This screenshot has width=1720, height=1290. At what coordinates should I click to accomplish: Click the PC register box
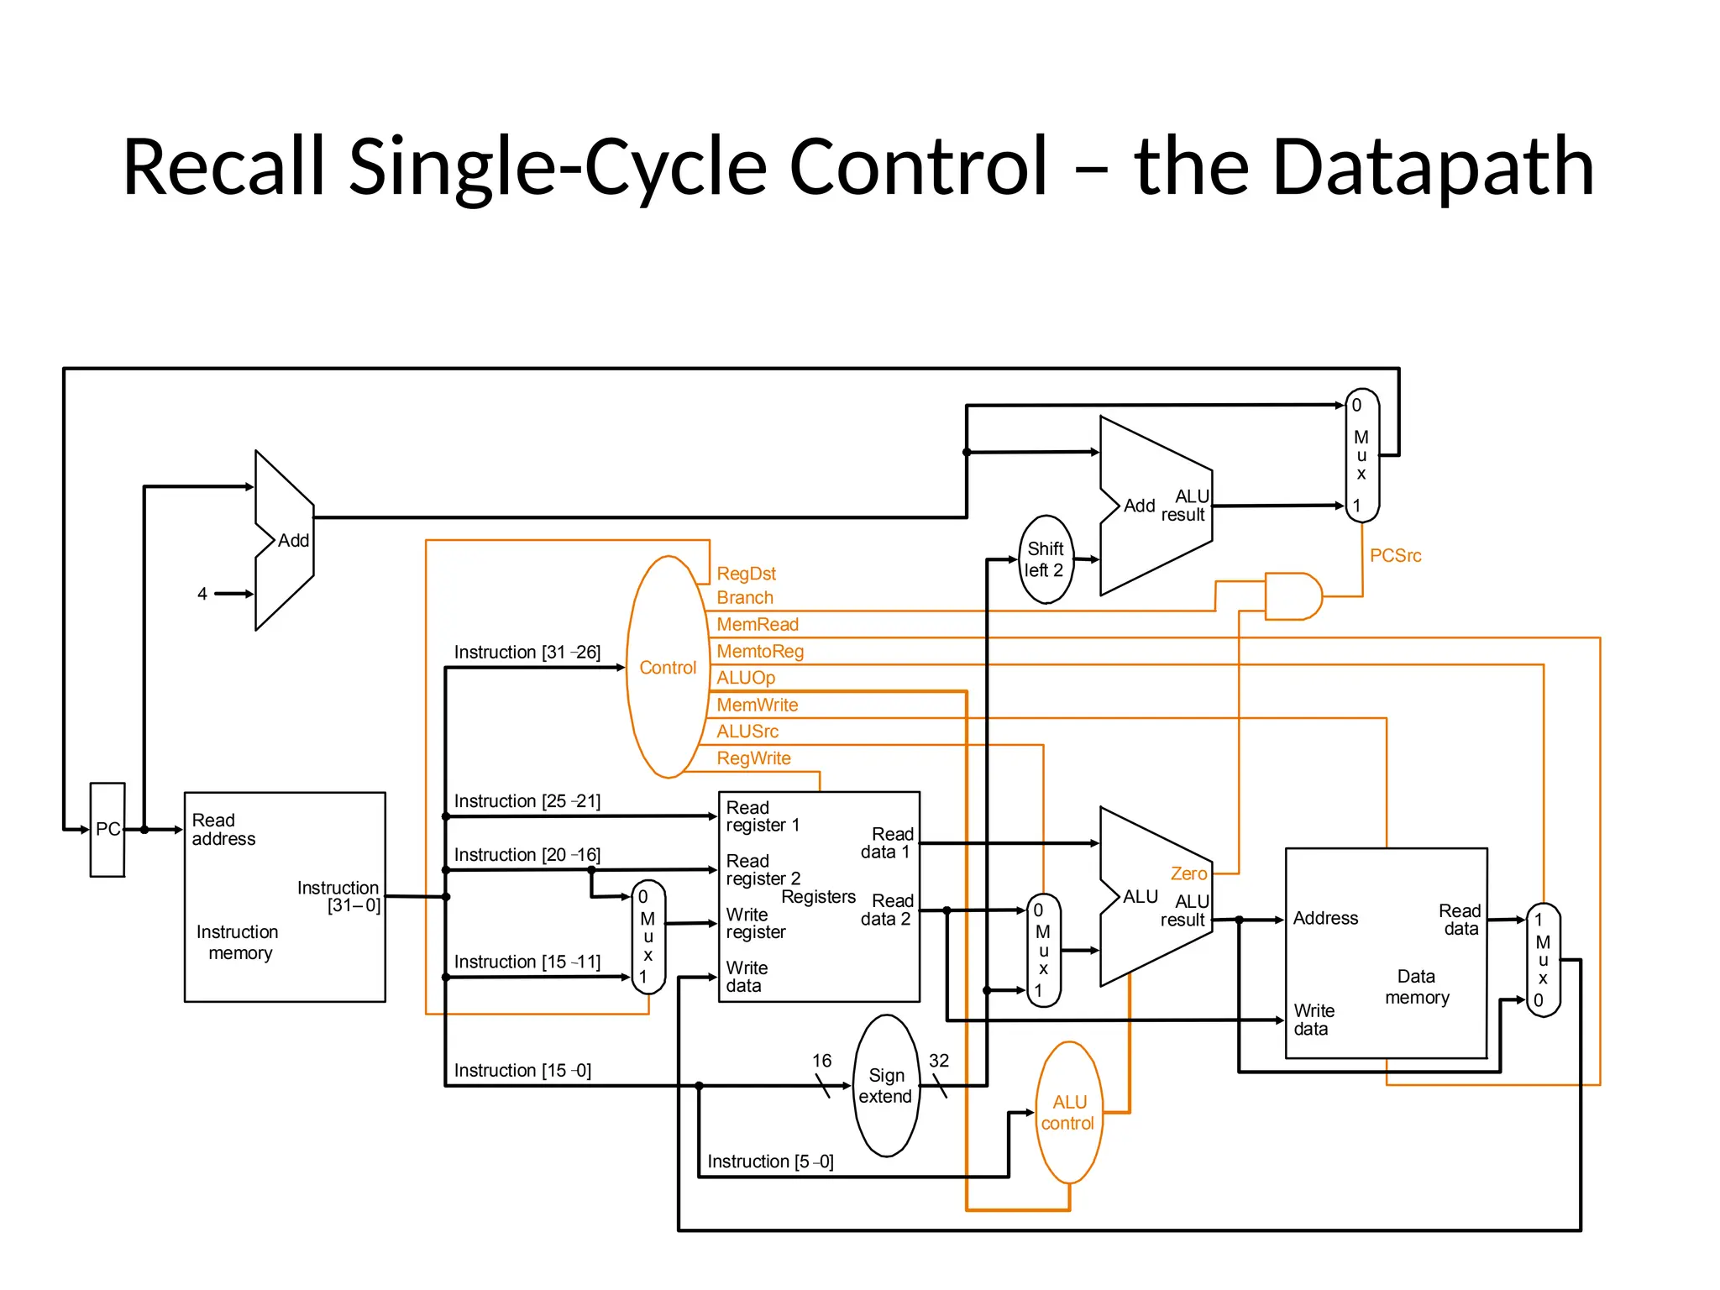click(x=107, y=830)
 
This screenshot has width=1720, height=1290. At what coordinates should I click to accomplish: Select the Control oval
click(x=668, y=667)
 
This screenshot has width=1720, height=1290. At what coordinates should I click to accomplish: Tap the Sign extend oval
click(x=886, y=1086)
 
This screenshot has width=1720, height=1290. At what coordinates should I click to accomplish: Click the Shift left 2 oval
click(x=1046, y=559)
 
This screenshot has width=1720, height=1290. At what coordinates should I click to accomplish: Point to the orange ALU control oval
click(x=1068, y=1113)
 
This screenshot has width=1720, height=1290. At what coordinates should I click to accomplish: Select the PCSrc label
click(x=1395, y=556)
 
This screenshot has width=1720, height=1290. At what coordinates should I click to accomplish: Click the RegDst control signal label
click(x=746, y=574)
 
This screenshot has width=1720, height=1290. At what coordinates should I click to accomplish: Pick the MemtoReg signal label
click(x=760, y=651)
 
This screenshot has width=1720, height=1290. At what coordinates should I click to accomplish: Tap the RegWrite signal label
click(x=753, y=758)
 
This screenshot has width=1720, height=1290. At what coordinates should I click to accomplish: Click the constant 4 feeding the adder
click(x=202, y=594)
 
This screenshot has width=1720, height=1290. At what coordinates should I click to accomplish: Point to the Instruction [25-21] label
click(x=527, y=801)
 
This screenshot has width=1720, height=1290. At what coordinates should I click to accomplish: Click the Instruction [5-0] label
click(x=770, y=1162)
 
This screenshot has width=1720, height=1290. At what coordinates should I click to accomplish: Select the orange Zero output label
click(x=1188, y=873)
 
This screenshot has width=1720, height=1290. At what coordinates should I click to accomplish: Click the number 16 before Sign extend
click(x=821, y=1061)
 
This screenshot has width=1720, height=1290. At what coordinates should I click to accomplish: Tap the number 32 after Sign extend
click(x=939, y=1061)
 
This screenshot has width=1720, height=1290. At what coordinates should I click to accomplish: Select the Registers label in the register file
click(x=818, y=897)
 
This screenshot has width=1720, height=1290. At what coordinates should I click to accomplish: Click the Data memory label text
click(x=1417, y=987)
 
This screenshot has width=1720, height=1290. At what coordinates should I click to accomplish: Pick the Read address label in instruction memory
click(x=223, y=830)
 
